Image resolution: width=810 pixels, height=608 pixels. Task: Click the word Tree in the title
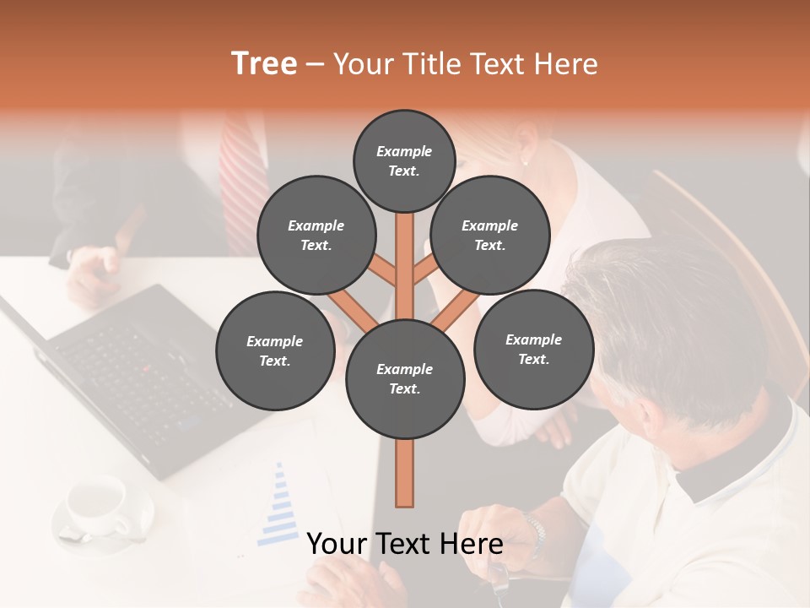coord(264,64)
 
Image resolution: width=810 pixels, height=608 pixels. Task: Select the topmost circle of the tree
coord(404,160)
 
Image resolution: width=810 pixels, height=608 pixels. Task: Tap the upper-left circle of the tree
coord(316,235)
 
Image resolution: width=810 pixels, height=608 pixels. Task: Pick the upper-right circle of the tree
coord(490,235)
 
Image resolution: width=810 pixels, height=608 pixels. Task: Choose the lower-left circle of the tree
coord(275,350)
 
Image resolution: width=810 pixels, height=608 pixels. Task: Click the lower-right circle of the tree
coord(533,349)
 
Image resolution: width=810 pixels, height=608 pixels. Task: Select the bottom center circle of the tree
coord(405,378)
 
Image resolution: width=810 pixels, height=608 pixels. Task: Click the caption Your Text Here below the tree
coord(405,544)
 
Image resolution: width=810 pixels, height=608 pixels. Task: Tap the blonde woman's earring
coord(525,160)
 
